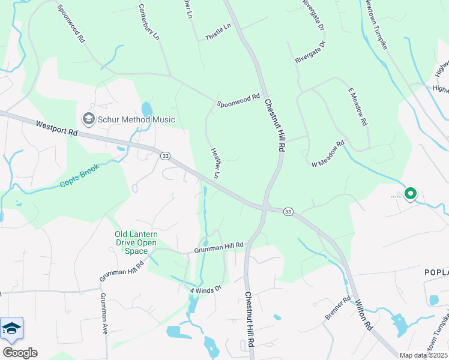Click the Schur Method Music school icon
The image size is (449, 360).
pos(89,119)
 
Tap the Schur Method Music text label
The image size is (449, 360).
pos(136,119)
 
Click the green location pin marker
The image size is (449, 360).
pos(411,194)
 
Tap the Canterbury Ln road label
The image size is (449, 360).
pos(149,22)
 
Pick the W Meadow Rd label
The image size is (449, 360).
pos(327,154)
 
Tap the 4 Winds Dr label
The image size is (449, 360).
pos(206,289)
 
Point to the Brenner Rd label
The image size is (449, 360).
pos(338,307)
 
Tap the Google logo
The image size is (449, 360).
pos(20,353)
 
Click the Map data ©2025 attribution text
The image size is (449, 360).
pos(424,355)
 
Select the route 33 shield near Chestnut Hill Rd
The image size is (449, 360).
pos(288,212)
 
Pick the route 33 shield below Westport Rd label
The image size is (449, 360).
pos(165,155)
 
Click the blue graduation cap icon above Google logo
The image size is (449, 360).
pos(12,329)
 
